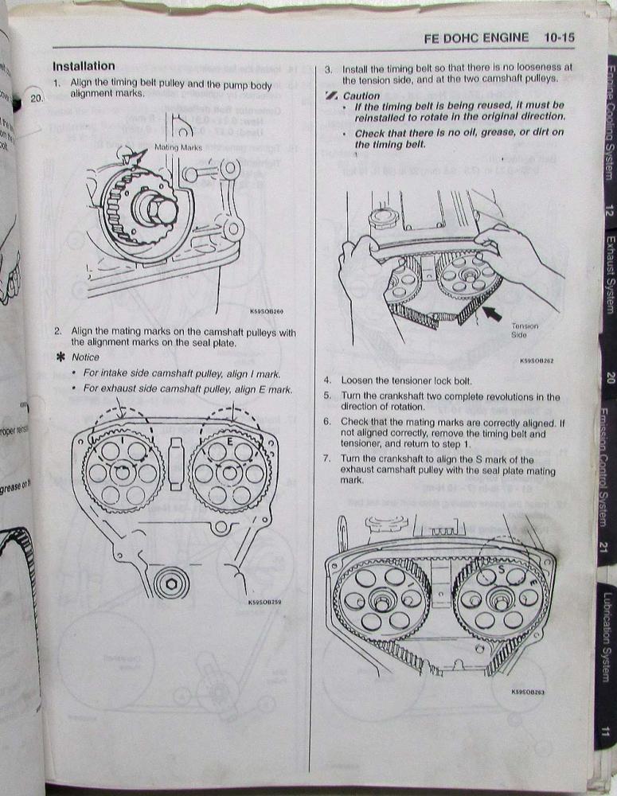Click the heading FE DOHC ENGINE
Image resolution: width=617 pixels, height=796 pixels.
click(477, 37)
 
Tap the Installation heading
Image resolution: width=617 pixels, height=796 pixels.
click(84, 66)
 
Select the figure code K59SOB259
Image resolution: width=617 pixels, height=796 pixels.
click(258, 602)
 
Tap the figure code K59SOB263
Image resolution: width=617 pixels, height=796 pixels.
click(529, 691)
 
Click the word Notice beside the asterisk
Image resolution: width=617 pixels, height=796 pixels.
click(85, 357)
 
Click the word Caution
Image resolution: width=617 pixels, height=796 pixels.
click(361, 96)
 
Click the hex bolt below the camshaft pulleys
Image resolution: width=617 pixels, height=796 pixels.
click(171, 583)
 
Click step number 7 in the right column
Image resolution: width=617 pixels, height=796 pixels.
click(327, 459)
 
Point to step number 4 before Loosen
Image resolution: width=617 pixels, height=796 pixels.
click(327, 380)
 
